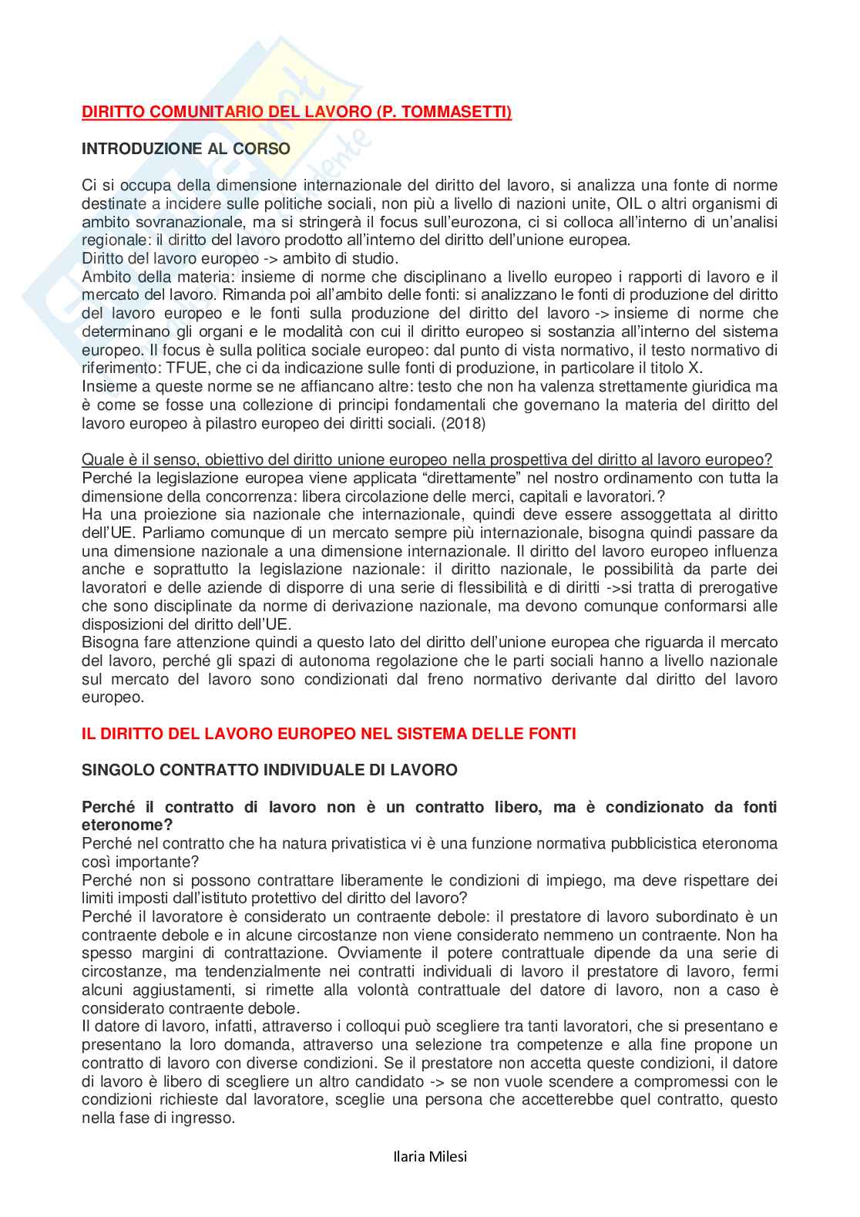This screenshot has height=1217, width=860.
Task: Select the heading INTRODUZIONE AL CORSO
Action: (186, 150)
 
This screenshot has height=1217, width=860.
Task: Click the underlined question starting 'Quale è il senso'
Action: (427, 460)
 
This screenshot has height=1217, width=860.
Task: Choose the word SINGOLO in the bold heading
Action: (116, 770)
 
